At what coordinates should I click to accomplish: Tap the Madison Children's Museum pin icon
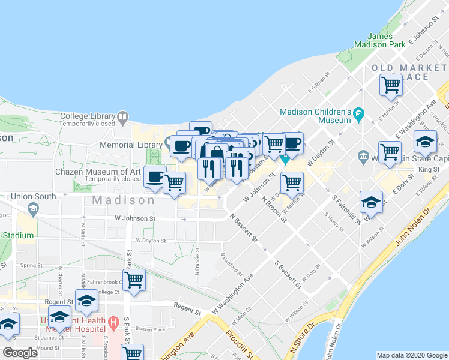[358, 112]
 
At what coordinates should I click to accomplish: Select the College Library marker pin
[123, 116]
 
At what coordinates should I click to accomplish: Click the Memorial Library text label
[125, 145]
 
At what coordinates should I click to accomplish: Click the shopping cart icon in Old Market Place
[391, 85]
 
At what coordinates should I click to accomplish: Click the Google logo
[20, 353]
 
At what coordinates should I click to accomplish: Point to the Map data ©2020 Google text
[412, 355]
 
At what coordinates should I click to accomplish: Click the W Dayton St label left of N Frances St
[150, 240]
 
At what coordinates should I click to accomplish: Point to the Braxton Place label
[150, 329]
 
